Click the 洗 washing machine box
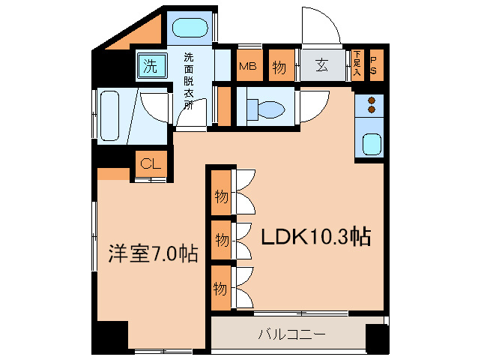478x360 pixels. tap(151, 66)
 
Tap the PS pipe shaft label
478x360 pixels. tap(374, 63)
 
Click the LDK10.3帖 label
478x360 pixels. tap(315, 237)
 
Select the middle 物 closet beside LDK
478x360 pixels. tap(220, 240)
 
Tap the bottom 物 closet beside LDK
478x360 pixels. tap(220, 287)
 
